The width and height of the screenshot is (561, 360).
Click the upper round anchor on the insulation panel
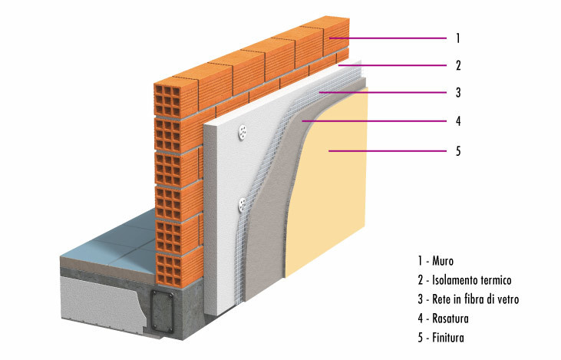243,132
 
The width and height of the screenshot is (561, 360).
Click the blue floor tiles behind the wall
115,246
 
